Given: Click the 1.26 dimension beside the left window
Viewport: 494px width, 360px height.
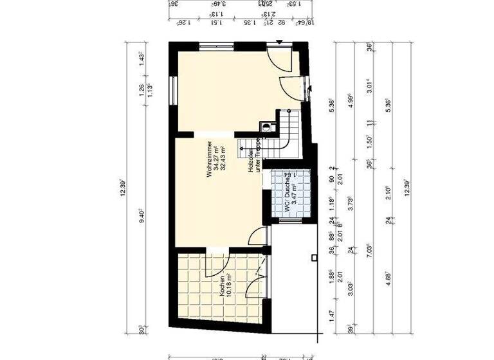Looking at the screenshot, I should coord(142,91).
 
